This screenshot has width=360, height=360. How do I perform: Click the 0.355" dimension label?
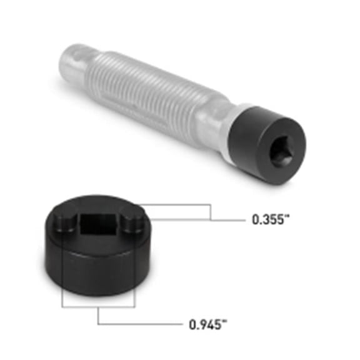pos(269,220)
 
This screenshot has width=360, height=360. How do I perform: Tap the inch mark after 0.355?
pos(286,217)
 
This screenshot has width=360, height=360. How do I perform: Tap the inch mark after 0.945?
pos(224,321)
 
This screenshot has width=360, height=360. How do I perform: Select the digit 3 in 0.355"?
pos(264,220)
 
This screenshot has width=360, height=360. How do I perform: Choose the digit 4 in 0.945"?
pos(208,324)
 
